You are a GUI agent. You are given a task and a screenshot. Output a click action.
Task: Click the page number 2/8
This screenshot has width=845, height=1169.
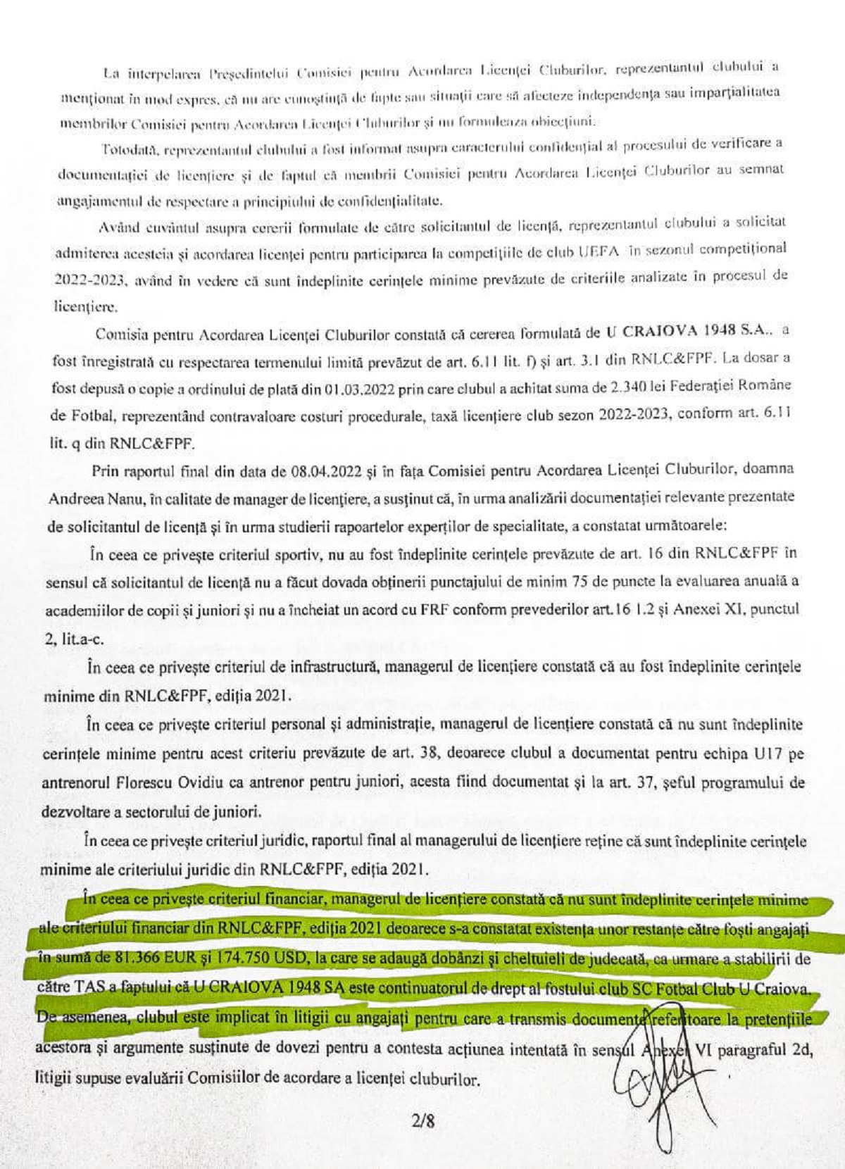click(423, 1119)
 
